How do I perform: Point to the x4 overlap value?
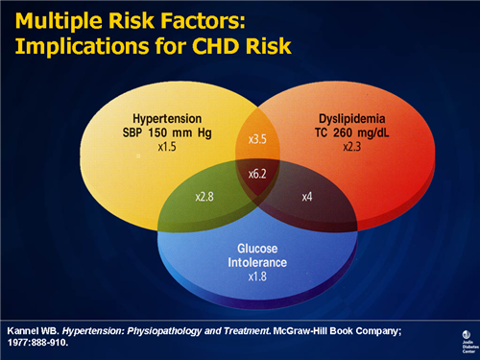pyautogui.click(x=307, y=196)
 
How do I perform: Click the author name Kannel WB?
pyautogui.click(x=33, y=326)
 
